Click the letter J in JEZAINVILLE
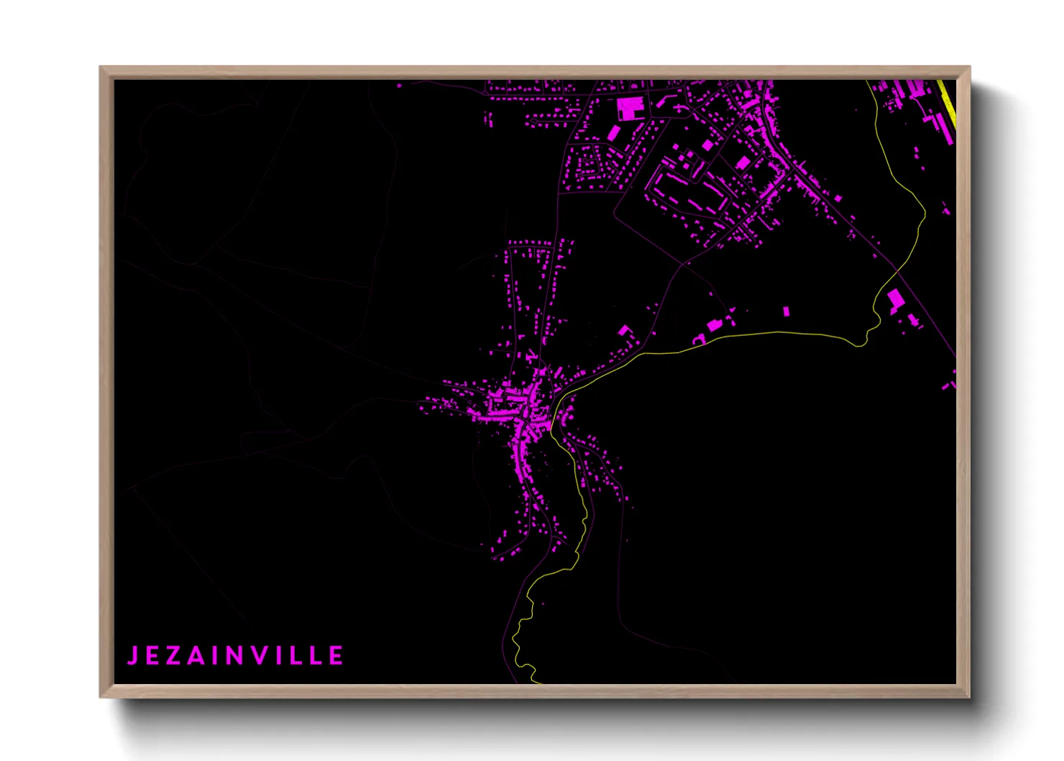132,656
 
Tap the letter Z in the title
173,656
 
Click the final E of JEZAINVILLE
336,656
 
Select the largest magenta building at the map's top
630,109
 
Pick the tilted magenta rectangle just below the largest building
613,132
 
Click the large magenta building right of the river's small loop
895,299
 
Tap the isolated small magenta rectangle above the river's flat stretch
786,311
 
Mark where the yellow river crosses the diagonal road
896,271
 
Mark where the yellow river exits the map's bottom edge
534,681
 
